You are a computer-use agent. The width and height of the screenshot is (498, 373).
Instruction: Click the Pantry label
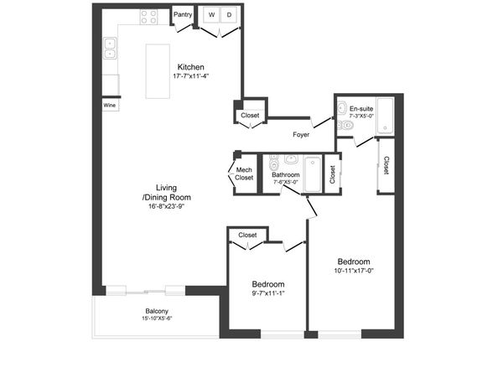(183, 14)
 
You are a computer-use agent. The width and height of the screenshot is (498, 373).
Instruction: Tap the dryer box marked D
(228, 15)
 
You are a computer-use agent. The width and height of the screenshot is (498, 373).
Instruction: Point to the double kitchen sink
(109, 49)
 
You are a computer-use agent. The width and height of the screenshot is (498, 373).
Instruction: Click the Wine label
(109, 106)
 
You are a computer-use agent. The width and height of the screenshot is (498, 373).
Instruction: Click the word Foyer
(302, 134)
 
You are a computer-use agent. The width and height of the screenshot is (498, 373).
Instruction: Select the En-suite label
(361, 108)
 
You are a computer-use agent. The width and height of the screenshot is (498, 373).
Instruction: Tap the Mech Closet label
(244, 174)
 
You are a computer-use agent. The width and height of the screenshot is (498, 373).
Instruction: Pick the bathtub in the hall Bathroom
(312, 174)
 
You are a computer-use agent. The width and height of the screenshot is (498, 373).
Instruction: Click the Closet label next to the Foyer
(250, 115)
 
